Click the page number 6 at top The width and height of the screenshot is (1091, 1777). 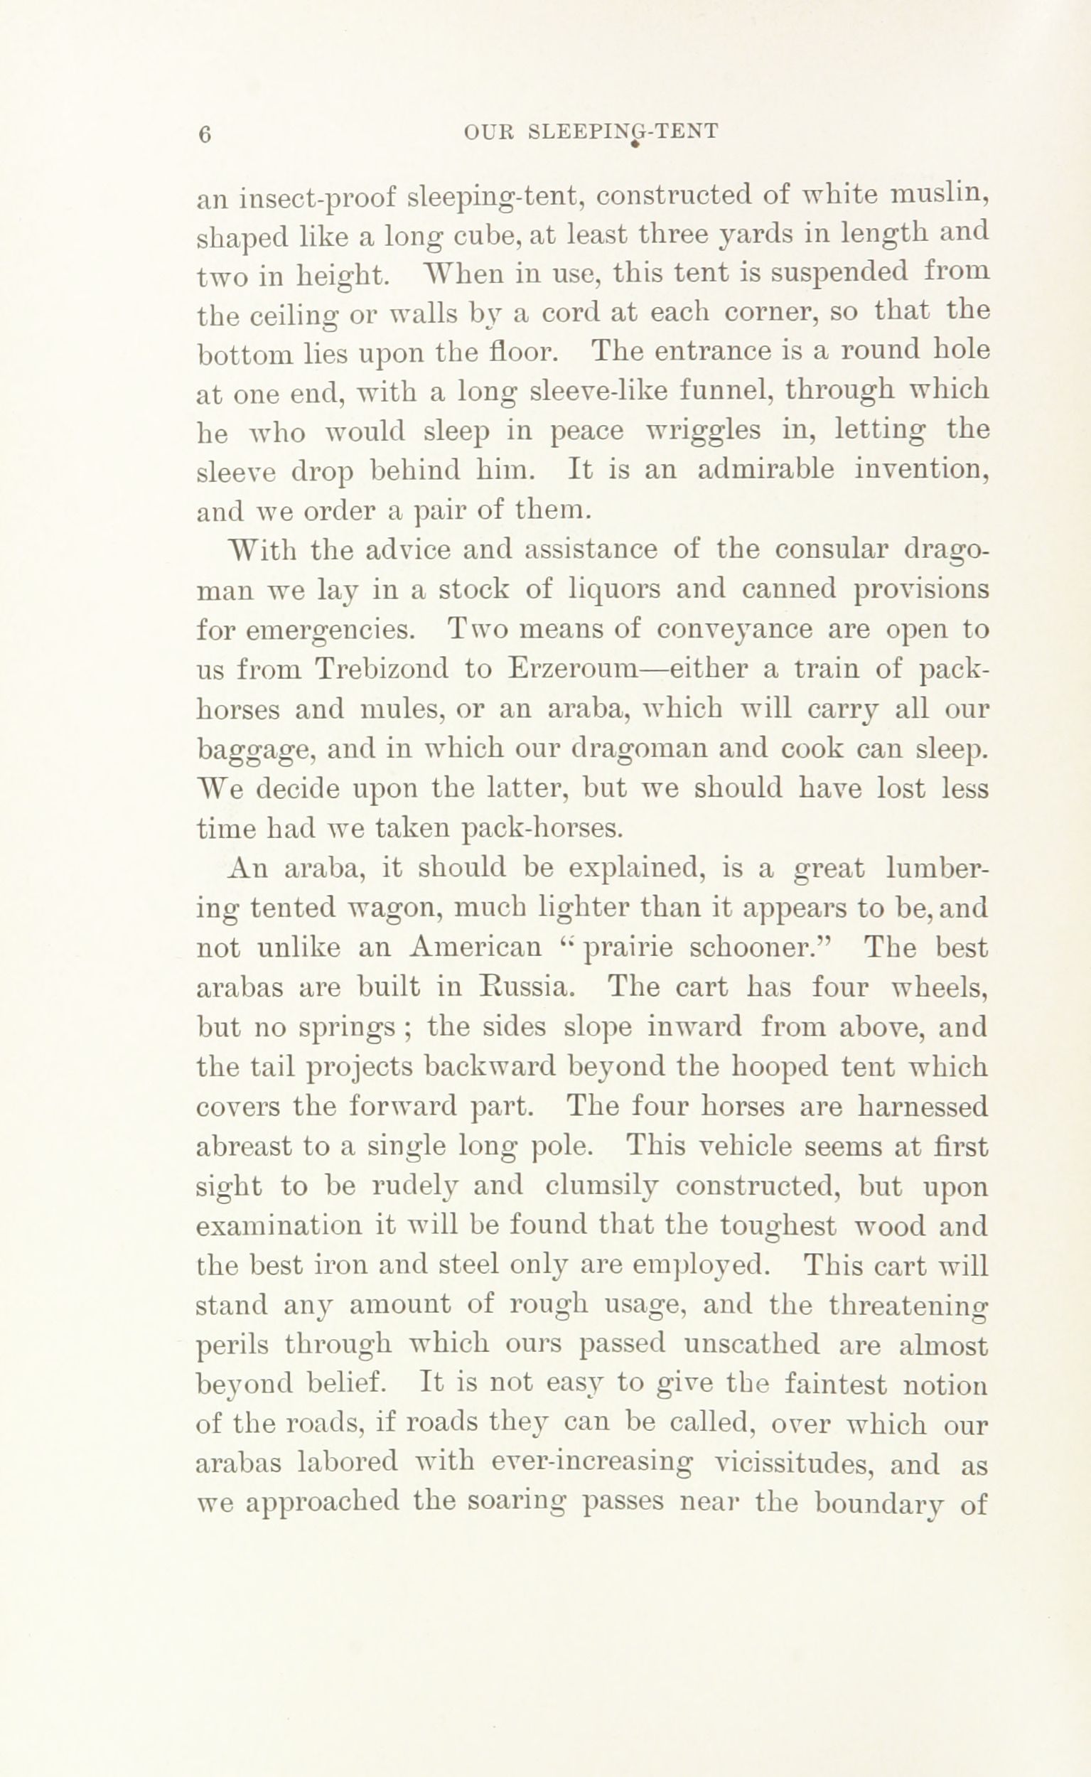point(204,135)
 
